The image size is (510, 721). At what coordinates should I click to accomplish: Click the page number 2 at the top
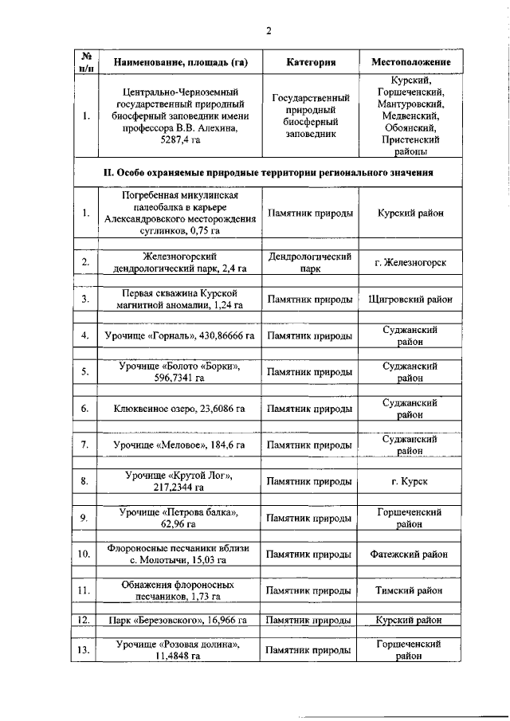pyautogui.click(x=269, y=31)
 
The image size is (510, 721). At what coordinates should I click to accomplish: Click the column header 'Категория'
pyautogui.click(x=310, y=62)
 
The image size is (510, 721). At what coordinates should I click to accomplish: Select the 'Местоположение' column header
pyautogui.click(x=411, y=62)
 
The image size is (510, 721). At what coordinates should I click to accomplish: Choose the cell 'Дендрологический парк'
pyautogui.click(x=310, y=262)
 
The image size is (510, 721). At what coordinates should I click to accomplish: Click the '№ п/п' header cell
pyautogui.click(x=85, y=62)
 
